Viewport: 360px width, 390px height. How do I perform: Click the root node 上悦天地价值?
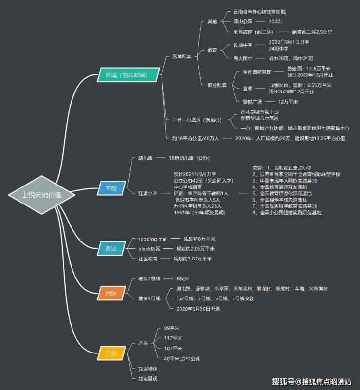pos(42,195)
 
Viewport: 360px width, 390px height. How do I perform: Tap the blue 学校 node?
pos(111,187)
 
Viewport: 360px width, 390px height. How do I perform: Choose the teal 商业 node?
pos(111,249)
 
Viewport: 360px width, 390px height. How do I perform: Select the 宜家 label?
pos(248,88)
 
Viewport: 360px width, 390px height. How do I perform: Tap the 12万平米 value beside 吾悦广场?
pos(288,102)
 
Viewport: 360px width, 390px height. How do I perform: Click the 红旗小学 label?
pos(147,193)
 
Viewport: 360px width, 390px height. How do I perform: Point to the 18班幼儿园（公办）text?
pos(189,158)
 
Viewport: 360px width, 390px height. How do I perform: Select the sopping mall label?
pos(153,239)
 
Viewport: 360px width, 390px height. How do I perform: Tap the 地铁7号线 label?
pos(149,279)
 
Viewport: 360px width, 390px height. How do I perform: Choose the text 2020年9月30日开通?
pos(198,309)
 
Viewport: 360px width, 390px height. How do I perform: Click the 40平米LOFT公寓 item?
pos(182,359)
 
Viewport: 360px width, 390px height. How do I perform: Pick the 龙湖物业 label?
pos(147,369)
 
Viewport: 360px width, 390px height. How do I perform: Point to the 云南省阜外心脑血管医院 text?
pos(266,11)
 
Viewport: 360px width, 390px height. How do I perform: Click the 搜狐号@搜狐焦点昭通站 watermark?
pos(311,381)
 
